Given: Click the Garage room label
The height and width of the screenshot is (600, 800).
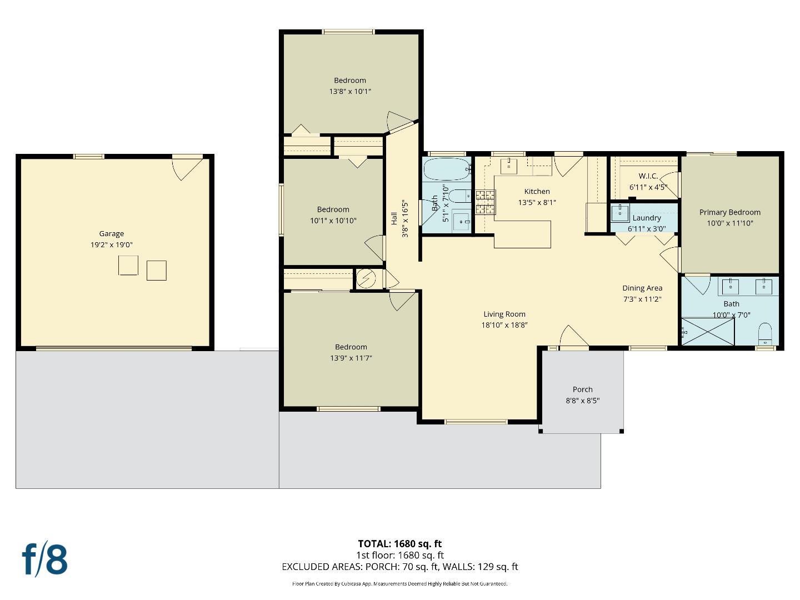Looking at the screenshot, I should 111,234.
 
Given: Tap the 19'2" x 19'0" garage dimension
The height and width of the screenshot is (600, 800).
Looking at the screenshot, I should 111,245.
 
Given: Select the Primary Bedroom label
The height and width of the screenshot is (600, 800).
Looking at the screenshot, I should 729,212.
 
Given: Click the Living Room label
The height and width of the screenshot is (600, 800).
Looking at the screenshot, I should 504,314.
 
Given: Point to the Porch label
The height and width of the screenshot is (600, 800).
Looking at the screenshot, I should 582,389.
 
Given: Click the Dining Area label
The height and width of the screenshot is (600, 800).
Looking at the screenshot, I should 642,288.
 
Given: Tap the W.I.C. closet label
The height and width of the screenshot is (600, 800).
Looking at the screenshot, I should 648,176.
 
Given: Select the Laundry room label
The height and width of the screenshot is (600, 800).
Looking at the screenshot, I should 646,218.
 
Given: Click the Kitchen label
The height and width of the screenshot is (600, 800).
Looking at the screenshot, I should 537,191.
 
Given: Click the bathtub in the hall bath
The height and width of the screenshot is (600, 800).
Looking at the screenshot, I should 447,169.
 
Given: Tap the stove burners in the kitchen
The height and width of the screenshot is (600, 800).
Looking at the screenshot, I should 484,202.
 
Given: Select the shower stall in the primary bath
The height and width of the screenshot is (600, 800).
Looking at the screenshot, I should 708,331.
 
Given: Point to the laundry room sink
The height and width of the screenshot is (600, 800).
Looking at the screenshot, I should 619,213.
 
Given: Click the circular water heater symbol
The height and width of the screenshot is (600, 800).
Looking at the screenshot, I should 366,278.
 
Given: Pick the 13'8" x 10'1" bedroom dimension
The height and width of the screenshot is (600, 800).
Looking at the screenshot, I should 350,92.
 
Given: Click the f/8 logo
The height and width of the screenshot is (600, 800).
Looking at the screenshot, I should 45,559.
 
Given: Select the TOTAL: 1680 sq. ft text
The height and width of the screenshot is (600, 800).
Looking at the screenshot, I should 399,544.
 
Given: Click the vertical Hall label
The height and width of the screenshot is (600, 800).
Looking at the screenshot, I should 394,218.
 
